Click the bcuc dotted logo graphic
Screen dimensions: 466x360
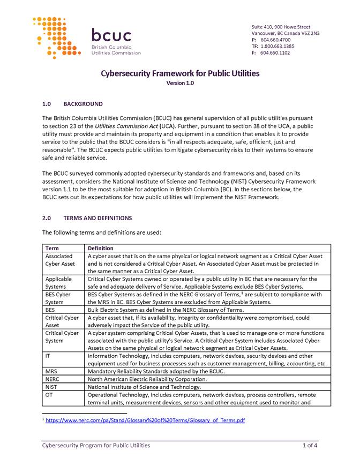pyautogui.click(x=57, y=37)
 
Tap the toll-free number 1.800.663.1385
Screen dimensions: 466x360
pyautogui.click(x=279, y=46)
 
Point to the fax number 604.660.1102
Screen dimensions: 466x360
pyautogui.click(x=275, y=52)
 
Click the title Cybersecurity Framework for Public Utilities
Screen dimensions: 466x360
pyautogui.click(x=180, y=73)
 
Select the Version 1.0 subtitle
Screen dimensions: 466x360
pyautogui.click(x=180, y=83)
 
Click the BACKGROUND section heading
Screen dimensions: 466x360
pyautogui.click(x=82, y=104)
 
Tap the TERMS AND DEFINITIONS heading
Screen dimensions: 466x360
pyautogui.click(x=97, y=219)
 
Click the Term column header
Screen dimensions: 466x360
pyautogui.click(x=52, y=249)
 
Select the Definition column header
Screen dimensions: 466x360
pyautogui.click(x=101, y=249)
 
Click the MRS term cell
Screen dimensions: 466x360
pyautogui.click(x=51, y=371)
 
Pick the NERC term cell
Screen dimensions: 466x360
pyautogui.click(x=53, y=379)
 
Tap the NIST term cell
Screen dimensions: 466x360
pyautogui.click(x=52, y=387)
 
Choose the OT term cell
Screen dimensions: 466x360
pyautogui.click(x=50, y=395)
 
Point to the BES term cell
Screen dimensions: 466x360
pyautogui.click(x=51, y=310)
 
